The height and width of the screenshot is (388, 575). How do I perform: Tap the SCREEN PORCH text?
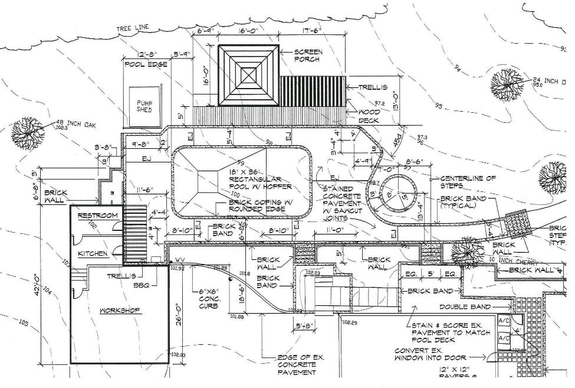tap(308, 56)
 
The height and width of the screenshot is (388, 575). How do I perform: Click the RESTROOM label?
tap(97, 216)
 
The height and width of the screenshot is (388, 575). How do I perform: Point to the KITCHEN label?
tap(93, 254)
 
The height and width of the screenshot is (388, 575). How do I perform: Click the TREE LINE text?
tap(133, 28)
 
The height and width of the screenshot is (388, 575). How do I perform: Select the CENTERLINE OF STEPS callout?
tap(468, 181)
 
